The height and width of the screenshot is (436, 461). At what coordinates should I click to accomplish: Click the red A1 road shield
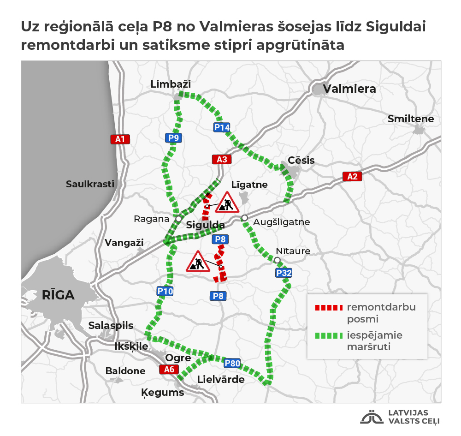coord(120,139)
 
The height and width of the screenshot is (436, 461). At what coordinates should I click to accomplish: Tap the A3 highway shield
coord(222,160)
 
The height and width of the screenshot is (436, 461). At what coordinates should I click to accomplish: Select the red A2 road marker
coord(352,176)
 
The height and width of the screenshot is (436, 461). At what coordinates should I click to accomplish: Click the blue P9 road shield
coord(174,137)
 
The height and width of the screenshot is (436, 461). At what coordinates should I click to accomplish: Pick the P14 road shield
coord(221,128)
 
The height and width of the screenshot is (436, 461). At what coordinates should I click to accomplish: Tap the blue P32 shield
coord(284,273)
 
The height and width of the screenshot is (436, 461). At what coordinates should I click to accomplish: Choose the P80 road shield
coord(232,363)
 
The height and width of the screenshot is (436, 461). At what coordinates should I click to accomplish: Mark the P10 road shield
coord(165,291)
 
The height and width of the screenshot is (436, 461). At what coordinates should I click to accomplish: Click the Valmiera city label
coord(349,89)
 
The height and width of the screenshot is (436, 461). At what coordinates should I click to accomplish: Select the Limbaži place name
coord(171,84)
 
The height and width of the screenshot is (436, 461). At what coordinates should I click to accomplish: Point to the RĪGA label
coord(58,295)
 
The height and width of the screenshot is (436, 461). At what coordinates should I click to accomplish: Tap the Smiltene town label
coord(411,119)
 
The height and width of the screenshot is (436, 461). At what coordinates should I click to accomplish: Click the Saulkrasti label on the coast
coord(90,184)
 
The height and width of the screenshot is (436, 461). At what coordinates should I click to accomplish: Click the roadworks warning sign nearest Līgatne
coord(227,203)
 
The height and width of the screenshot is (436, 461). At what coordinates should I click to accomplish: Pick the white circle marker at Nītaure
coord(277,261)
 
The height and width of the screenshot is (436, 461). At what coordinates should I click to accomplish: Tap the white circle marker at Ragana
coord(178,218)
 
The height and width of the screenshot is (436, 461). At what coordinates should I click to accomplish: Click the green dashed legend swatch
coord(328,335)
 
